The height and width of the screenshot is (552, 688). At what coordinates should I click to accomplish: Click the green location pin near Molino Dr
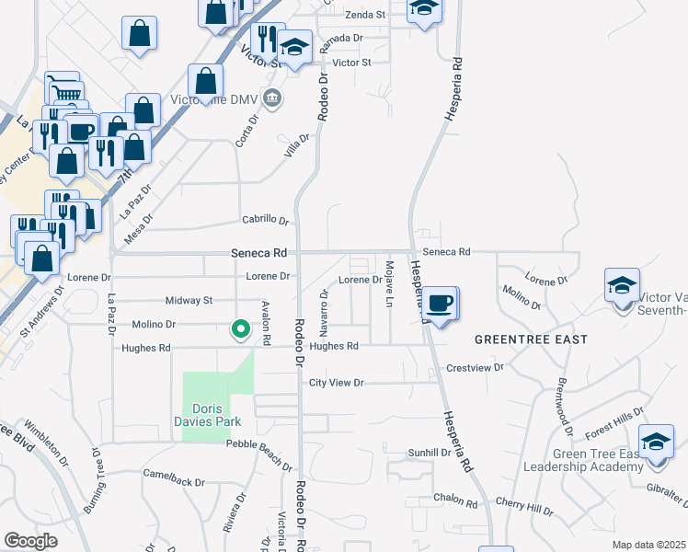point(241,328)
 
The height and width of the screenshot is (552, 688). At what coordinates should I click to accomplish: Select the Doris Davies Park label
point(216,415)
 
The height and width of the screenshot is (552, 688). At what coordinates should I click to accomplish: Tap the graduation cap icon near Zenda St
point(424,8)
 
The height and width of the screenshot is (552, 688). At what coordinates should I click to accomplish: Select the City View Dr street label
point(337,383)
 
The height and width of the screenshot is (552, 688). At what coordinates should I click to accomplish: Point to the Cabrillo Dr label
point(266,221)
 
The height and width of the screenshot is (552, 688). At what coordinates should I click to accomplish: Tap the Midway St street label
point(189,301)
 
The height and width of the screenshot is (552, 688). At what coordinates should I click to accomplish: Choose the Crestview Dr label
point(475,367)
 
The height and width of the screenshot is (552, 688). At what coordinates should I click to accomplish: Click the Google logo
point(30,541)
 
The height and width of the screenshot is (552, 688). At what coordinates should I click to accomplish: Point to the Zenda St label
point(365,16)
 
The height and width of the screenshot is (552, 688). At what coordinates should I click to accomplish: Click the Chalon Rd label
point(457,504)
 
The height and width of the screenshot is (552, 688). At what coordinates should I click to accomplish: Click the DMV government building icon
point(272,98)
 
